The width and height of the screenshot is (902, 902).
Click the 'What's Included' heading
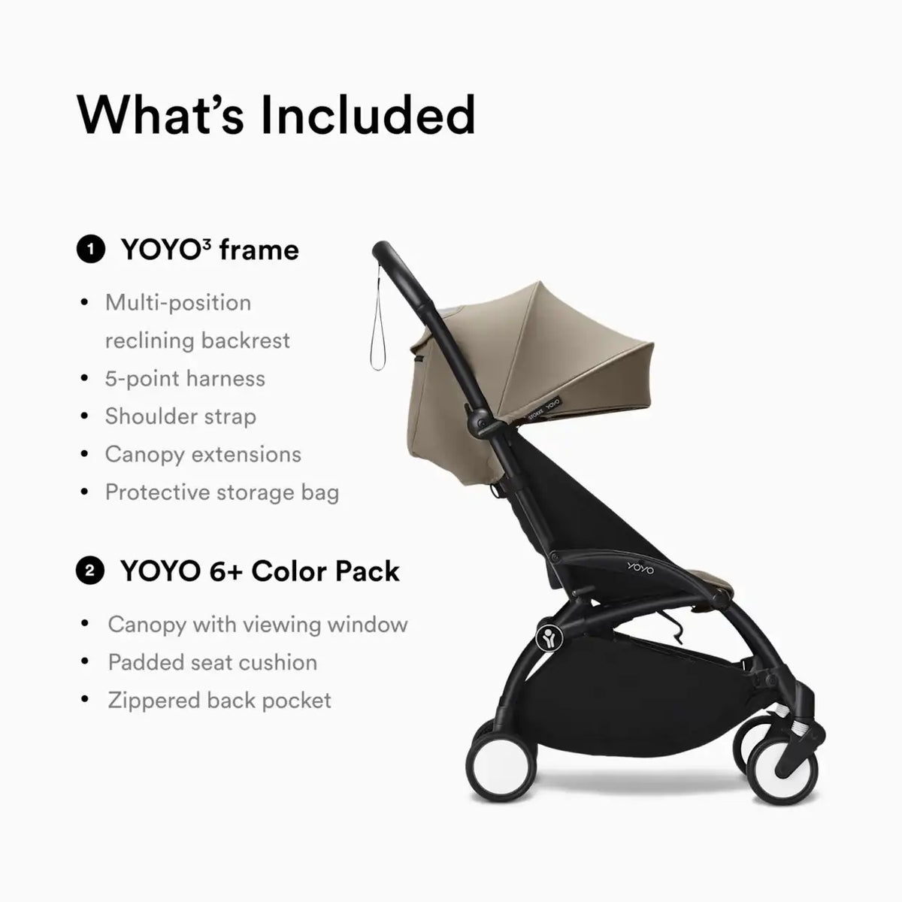click(x=276, y=115)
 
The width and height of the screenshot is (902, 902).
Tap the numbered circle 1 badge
click(x=90, y=249)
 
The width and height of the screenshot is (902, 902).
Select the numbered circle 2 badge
click(x=90, y=571)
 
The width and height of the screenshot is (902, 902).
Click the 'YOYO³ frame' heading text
click(x=210, y=250)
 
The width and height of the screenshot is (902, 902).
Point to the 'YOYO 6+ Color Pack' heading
click(x=260, y=571)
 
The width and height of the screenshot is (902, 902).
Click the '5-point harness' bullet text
click(x=185, y=378)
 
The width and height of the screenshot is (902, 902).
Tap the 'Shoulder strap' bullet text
click(x=180, y=416)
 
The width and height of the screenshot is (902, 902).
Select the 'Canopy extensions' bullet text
click(x=203, y=454)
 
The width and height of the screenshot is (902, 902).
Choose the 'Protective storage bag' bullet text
click(x=222, y=492)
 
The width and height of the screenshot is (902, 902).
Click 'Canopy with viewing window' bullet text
click(x=258, y=625)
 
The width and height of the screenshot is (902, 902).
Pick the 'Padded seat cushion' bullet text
click(x=213, y=662)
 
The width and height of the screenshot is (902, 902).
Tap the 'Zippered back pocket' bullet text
click(x=219, y=701)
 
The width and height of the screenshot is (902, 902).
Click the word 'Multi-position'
click(x=178, y=303)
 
